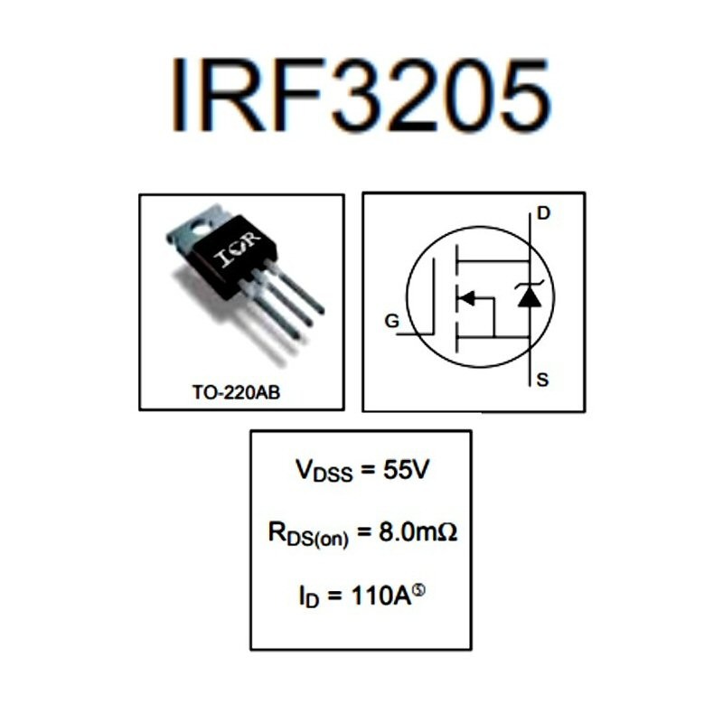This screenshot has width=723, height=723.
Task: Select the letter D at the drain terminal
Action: click(x=542, y=213)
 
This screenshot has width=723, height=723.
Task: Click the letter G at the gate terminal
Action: click(x=390, y=321)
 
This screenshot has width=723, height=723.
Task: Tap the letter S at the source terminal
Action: click(x=542, y=380)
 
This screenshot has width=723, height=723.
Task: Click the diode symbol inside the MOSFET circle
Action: click(x=529, y=296)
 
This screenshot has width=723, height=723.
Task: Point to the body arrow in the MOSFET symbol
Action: click(x=468, y=296)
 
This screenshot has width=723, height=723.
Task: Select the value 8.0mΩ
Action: click(x=418, y=532)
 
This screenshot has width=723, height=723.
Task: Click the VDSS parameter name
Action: click(x=320, y=471)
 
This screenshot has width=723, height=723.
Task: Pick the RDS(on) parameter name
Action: click(x=308, y=534)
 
